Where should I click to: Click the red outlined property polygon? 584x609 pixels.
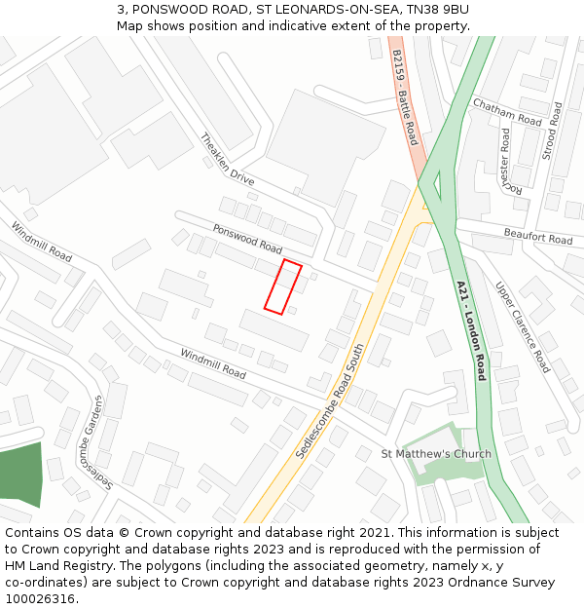coord(283,287)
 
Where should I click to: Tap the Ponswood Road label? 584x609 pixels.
coord(247,239)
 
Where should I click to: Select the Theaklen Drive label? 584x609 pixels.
coord(227,160)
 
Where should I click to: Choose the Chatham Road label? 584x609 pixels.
coord(507,112)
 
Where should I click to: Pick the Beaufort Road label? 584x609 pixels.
coord(538,236)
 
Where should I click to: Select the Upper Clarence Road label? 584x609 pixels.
coord(524,328)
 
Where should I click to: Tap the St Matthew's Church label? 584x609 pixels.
coord(436,454)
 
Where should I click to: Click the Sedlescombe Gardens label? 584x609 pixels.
coord(101,444)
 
